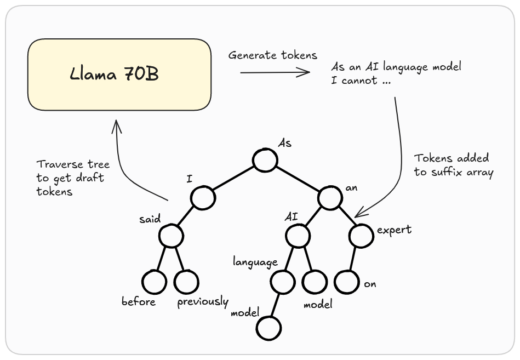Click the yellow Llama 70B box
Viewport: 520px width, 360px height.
click(x=119, y=75)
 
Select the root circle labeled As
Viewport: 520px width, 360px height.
click(x=265, y=160)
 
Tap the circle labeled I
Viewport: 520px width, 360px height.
click(x=203, y=198)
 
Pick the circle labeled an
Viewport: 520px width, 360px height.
click(x=330, y=198)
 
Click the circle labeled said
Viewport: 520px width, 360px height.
click(x=172, y=236)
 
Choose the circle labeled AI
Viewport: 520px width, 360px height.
click(x=298, y=236)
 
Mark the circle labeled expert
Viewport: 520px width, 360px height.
click(x=361, y=236)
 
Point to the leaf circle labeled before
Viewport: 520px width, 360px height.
click(x=154, y=282)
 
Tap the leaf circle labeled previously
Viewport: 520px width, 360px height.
click(x=186, y=282)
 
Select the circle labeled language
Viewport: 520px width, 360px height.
click(x=283, y=282)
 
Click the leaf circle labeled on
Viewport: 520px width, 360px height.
click(x=347, y=282)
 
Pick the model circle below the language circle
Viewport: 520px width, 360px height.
click(x=268, y=328)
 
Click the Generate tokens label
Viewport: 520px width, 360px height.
click(x=272, y=55)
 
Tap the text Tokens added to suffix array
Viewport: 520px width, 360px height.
click(x=454, y=165)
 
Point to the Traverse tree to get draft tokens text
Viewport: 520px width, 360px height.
click(x=73, y=178)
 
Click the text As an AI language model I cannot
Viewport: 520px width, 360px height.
click(x=396, y=73)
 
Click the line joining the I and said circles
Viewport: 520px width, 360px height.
click(x=187, y=217)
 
